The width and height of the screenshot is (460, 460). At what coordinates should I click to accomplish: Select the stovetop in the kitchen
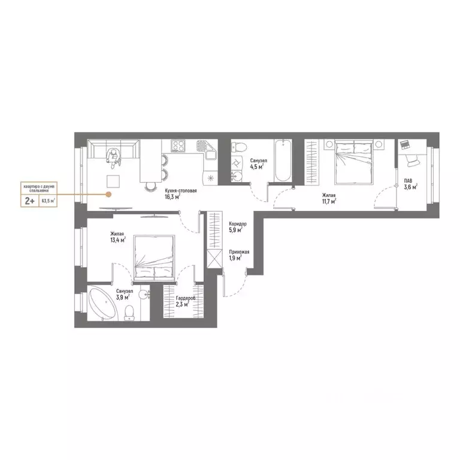pos(178,144)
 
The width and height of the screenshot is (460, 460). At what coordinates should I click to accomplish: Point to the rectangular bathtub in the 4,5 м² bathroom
pos(282,161)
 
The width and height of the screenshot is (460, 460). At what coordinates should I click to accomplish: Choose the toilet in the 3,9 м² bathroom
pos(129,311)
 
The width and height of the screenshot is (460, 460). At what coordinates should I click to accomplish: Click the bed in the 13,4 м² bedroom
pos(154,257)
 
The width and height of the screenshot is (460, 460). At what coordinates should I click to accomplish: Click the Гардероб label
pos(183,298)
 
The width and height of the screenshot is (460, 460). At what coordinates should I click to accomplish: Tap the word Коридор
pos(237,223)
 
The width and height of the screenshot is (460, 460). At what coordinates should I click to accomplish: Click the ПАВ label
pos(407,180)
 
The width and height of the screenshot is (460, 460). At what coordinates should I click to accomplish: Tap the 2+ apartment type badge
pos(28,201)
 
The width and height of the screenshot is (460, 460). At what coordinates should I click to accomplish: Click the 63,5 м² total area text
pos(47,201)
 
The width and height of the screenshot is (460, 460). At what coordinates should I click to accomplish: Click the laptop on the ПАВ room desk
pos(404,145)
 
